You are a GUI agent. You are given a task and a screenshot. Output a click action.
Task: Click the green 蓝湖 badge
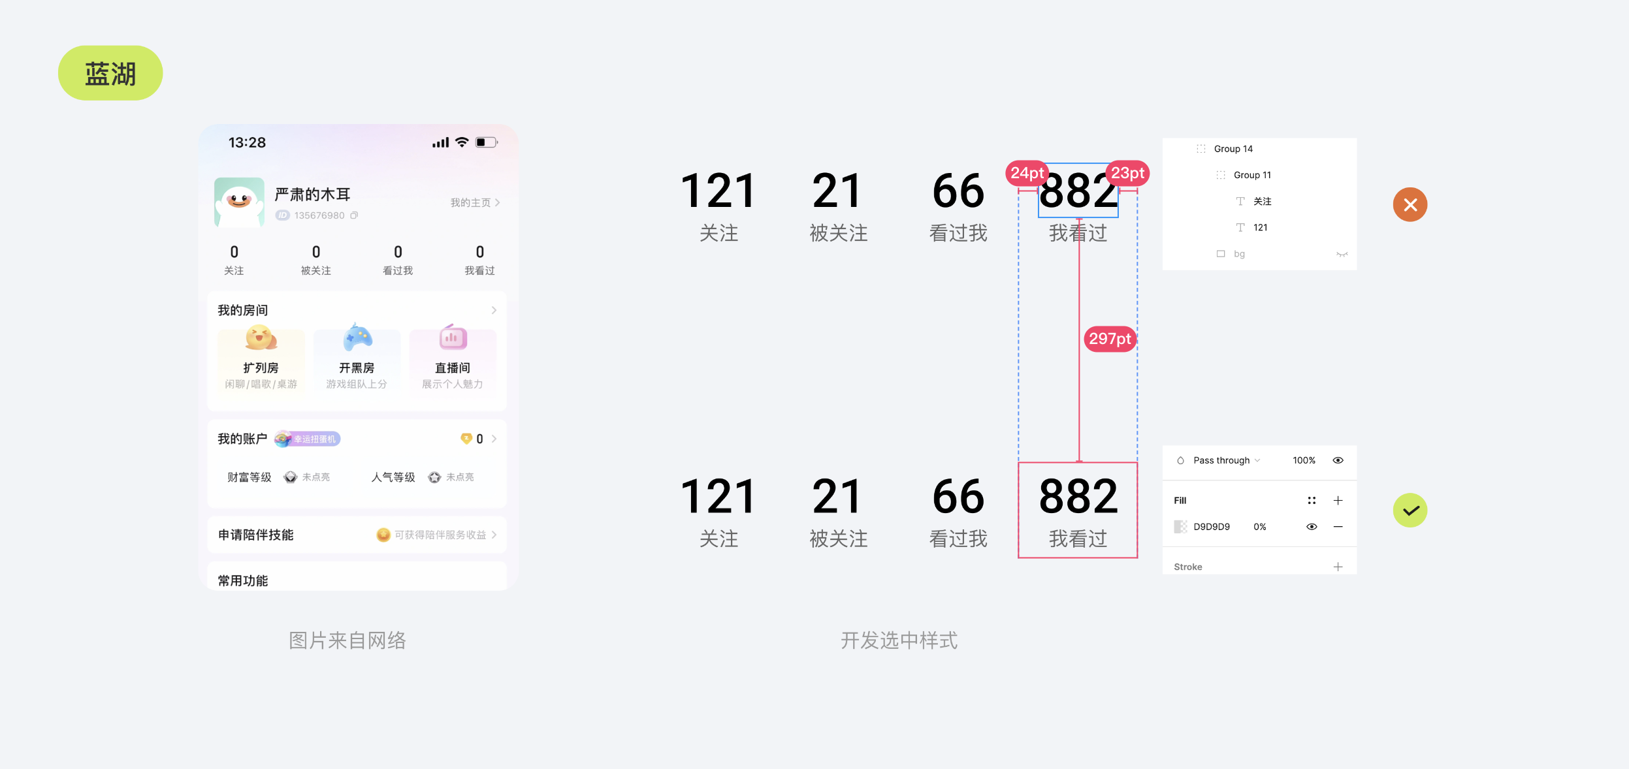point(110,73)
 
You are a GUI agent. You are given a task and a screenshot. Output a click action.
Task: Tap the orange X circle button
point(1410,205)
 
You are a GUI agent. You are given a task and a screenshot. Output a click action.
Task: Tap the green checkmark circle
point(1410,510)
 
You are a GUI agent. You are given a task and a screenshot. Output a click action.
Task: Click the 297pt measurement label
point(1110,339)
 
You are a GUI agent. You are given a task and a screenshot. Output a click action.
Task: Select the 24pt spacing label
point(1027,173)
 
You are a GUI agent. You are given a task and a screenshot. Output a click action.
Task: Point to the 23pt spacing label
point(1127,173)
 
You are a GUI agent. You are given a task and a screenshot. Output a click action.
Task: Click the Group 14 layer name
point(1233,149)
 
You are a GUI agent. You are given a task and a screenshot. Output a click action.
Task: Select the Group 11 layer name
point(1251,175)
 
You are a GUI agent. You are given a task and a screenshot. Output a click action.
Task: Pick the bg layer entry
point(1238,254)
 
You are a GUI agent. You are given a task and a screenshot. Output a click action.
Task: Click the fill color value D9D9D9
point(1211,527)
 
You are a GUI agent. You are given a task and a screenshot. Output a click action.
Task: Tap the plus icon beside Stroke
point(1338,567)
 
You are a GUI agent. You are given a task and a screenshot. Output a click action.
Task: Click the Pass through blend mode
point(1221,460)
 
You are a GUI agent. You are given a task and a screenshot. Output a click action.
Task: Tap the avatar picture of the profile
point(239,202)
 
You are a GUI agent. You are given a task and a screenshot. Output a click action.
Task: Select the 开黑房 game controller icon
point(357,337)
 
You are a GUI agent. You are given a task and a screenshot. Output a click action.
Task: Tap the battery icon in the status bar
point(486,142)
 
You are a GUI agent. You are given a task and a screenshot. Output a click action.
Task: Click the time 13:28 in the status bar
point(247,142)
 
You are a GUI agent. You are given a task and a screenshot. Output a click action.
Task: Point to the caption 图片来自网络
point(347,640)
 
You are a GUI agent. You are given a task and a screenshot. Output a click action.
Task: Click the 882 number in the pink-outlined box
point(1078,497)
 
